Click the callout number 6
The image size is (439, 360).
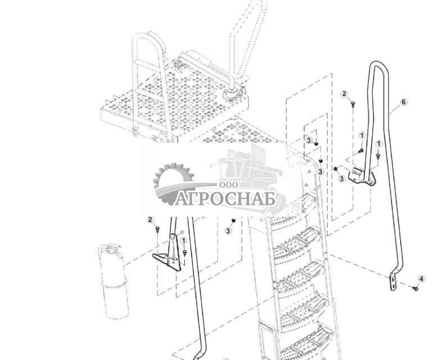(404, 102)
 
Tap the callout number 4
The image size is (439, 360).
(422, 279)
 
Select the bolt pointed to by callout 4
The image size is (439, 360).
(415, 289)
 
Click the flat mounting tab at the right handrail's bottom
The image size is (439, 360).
(393, 284)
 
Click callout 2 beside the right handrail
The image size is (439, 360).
(345, 94)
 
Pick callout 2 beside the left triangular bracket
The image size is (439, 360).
(150, 220)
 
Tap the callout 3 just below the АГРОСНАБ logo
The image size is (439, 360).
(228, 231)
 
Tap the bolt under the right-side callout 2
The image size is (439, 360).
(352, 103)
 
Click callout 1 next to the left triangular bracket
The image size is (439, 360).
(184, 241)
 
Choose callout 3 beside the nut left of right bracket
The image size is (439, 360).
(342, 179)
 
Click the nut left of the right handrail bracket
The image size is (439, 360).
(336, 168)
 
